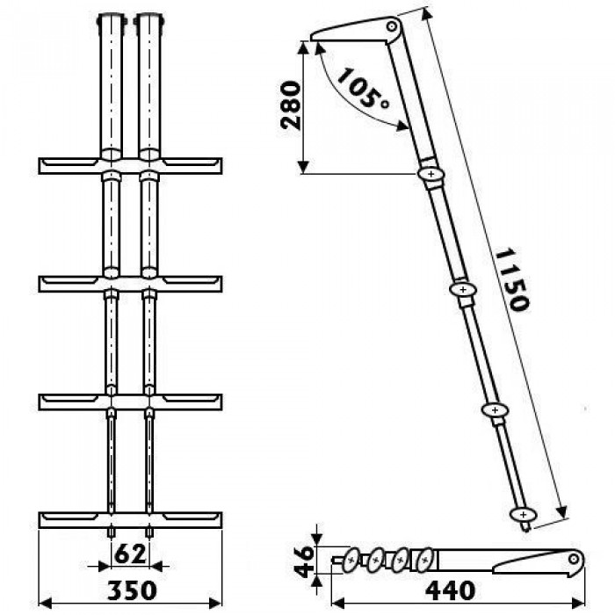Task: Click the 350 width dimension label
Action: [132, 590]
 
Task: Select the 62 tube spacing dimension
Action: [130, 554]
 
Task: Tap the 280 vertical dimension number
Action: [291, 105]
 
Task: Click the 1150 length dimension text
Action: [512, 279]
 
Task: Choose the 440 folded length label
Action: [450, 590]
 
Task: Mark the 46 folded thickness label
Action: [304, 561]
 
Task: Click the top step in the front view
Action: [131, 165]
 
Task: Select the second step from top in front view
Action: [131, 284]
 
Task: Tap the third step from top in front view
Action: [131, 402]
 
